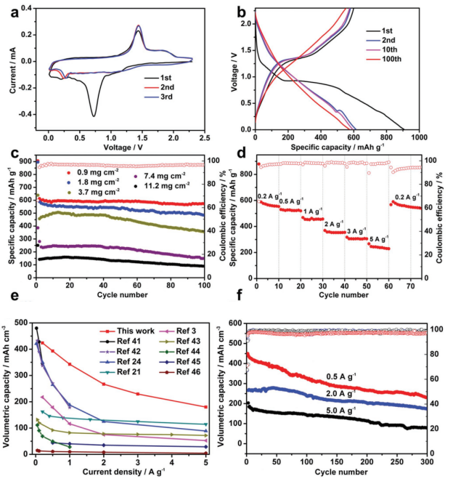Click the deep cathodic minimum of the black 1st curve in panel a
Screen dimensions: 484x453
[x=94, y=116]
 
